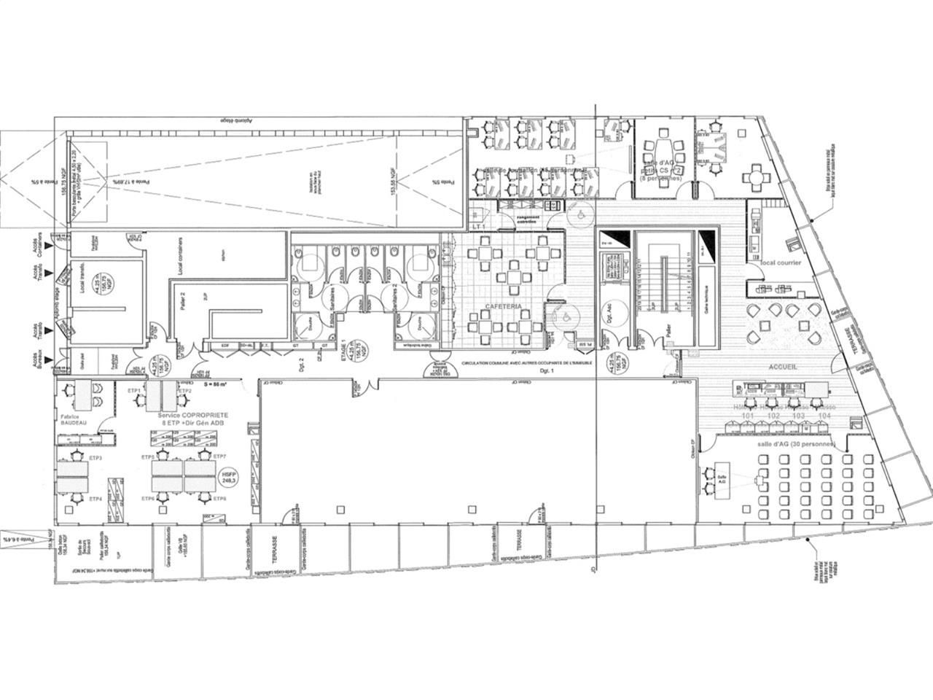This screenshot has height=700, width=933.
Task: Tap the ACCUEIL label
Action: point(781,367)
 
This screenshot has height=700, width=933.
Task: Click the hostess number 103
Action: point(798,416)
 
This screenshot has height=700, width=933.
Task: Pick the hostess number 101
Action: point(746,416)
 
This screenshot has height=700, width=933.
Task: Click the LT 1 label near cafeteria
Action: point(479,227)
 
